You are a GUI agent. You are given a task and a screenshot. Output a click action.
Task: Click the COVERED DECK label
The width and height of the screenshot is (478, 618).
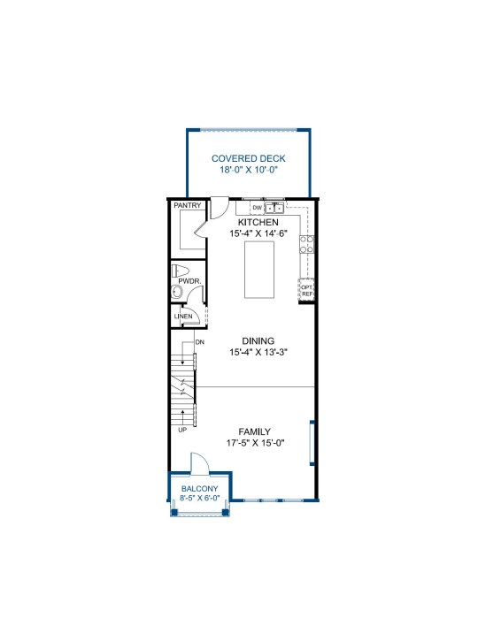(248, 158)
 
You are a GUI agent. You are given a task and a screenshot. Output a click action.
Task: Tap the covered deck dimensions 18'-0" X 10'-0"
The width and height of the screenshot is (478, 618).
(249, 170)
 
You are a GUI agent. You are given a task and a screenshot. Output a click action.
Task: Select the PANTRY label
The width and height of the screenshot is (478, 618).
(188, 205)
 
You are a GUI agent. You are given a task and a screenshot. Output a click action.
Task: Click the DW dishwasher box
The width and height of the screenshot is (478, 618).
(257, 208)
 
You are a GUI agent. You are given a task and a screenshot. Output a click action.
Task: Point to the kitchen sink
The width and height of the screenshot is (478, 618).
(274, 208)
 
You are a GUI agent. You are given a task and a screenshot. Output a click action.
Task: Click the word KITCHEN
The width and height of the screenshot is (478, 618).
(258, 222)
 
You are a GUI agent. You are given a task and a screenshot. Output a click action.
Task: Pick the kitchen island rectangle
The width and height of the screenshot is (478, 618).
(259, 270)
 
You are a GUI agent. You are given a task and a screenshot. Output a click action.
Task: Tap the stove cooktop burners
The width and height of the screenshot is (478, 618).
(306, 244)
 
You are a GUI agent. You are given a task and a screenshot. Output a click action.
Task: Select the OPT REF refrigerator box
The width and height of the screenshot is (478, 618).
(306, 291)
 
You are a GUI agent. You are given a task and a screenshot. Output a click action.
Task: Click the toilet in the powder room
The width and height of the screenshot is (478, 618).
(180, 271)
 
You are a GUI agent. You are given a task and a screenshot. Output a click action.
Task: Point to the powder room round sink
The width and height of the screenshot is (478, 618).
(177, 292)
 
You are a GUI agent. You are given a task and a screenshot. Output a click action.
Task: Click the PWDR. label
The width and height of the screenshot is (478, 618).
(189, 281)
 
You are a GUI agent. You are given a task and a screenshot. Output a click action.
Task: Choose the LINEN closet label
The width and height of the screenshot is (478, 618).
(183, 317)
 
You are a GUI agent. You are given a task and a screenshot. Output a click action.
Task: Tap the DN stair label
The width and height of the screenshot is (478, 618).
(200, 342)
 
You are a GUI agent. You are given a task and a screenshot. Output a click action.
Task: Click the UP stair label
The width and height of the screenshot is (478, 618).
(182, 430)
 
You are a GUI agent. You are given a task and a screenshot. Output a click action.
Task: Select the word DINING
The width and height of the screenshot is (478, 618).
(258, 341)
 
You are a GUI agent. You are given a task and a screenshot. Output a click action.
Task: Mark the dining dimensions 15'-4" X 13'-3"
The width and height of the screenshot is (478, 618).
(258, 352)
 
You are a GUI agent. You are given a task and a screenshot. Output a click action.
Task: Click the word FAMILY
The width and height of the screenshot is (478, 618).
(255, 431)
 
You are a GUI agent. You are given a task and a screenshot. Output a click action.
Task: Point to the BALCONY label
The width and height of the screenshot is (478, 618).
(200, 489)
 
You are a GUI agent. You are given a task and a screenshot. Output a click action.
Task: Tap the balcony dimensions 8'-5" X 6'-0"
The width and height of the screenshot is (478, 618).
(200, 498)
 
